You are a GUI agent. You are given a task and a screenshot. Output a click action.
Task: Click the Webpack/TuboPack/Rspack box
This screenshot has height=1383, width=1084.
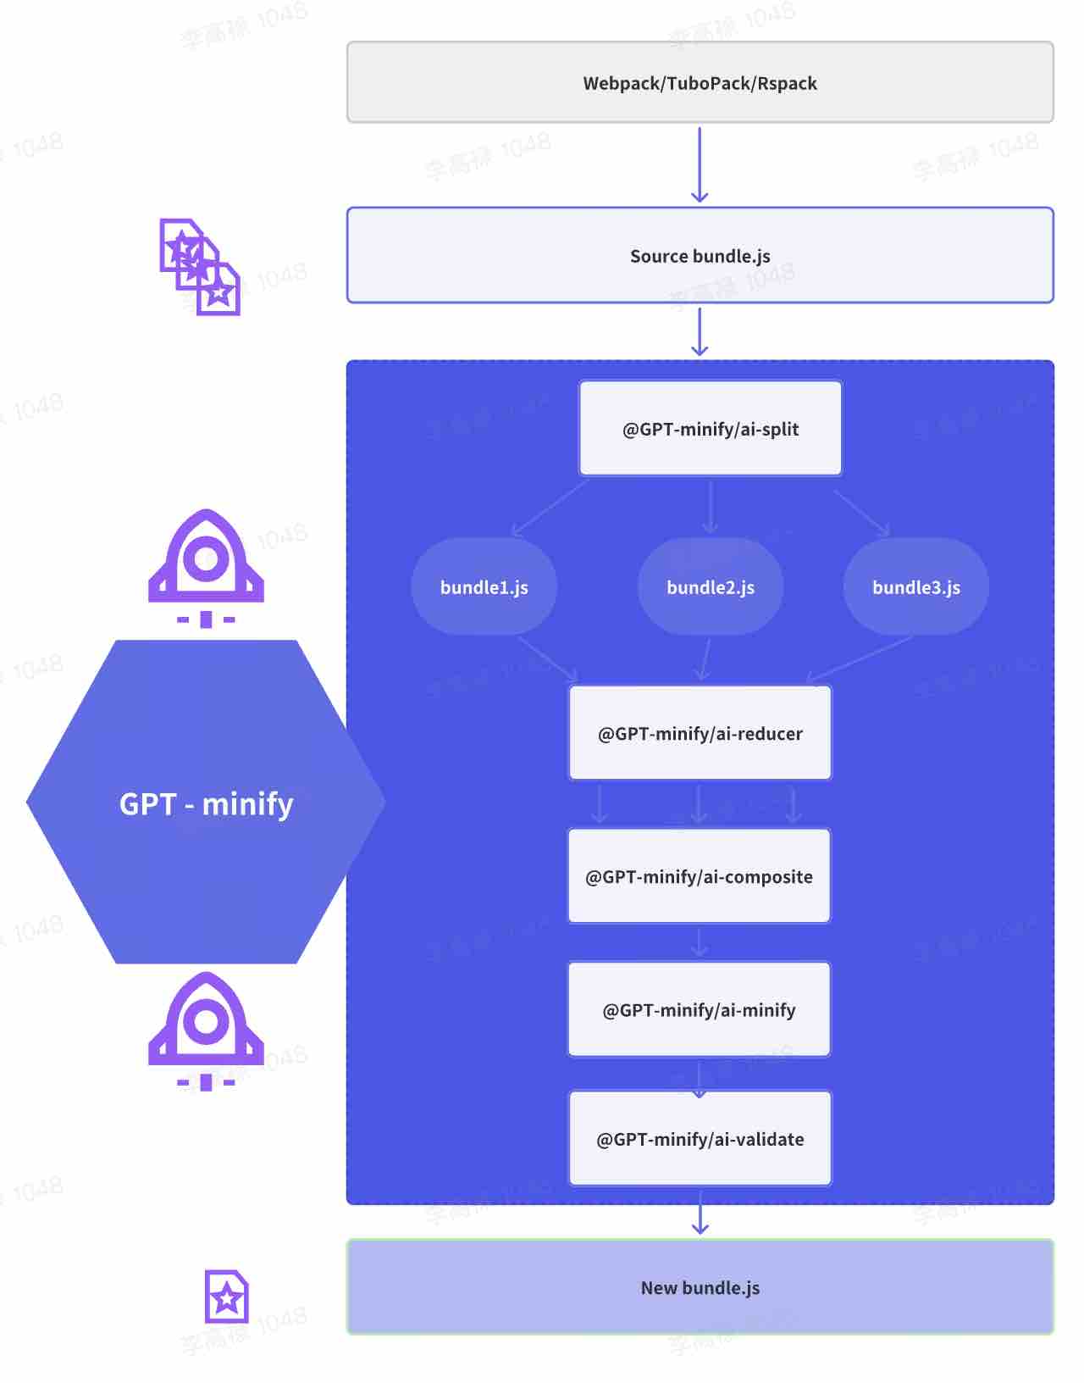pyautogui.click(x=700, y=82)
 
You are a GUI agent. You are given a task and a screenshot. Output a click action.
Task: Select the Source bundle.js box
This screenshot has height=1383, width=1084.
pyautogui.click(x=700, y=255)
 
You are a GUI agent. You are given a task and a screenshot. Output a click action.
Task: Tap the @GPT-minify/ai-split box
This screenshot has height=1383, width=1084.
pyautogui.click(x=710, y=428)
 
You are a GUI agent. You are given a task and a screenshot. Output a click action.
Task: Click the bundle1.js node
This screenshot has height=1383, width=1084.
pyautogui.click(x=484, y=586)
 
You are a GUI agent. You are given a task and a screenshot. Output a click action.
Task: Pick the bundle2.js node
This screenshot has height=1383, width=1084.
pyautogui.click(x=710, y=586)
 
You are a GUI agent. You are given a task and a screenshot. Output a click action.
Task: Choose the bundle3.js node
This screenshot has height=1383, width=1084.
pyautogui.click(x=915, y=586)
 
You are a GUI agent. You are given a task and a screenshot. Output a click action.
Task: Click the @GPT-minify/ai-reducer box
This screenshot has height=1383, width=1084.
pyautogui.click(x=700, y=733)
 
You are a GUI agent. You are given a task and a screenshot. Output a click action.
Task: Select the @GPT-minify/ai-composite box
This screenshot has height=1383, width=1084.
pyautogui.click(x=699, y=875)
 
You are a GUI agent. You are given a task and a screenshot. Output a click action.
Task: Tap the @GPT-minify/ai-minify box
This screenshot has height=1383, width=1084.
pyautogui.click(x=699, y=1009)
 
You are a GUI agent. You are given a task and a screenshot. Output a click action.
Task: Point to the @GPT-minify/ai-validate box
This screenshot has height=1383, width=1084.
pyautogui.click(x=700, y=1138)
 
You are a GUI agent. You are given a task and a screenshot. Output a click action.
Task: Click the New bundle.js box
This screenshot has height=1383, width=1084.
pyautogui.click(x=700, y=1287)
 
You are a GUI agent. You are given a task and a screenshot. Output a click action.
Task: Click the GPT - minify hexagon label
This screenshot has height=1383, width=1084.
pyautogui.click(x=206, y=803)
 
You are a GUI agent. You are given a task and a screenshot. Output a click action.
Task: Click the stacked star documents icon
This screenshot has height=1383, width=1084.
pyautogui.click(x=200, y=267)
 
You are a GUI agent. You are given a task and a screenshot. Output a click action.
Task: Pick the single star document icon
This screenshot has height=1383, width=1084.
pyautogui.click(x=226, y=1296)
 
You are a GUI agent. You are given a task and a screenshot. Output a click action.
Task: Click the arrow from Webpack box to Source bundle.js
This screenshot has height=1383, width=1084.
pyautogui.click(x=700, y=164)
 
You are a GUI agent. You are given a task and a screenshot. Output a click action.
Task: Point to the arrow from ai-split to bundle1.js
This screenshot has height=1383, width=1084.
pyautogui.click(x=550, y=507)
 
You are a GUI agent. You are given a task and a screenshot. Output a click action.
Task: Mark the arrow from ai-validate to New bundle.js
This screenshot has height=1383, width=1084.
pyautogui.click(x=700, y=1212)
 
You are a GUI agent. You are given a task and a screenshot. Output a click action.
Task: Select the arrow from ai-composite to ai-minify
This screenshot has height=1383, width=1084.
pyautogui.click(x=700, y=941)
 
